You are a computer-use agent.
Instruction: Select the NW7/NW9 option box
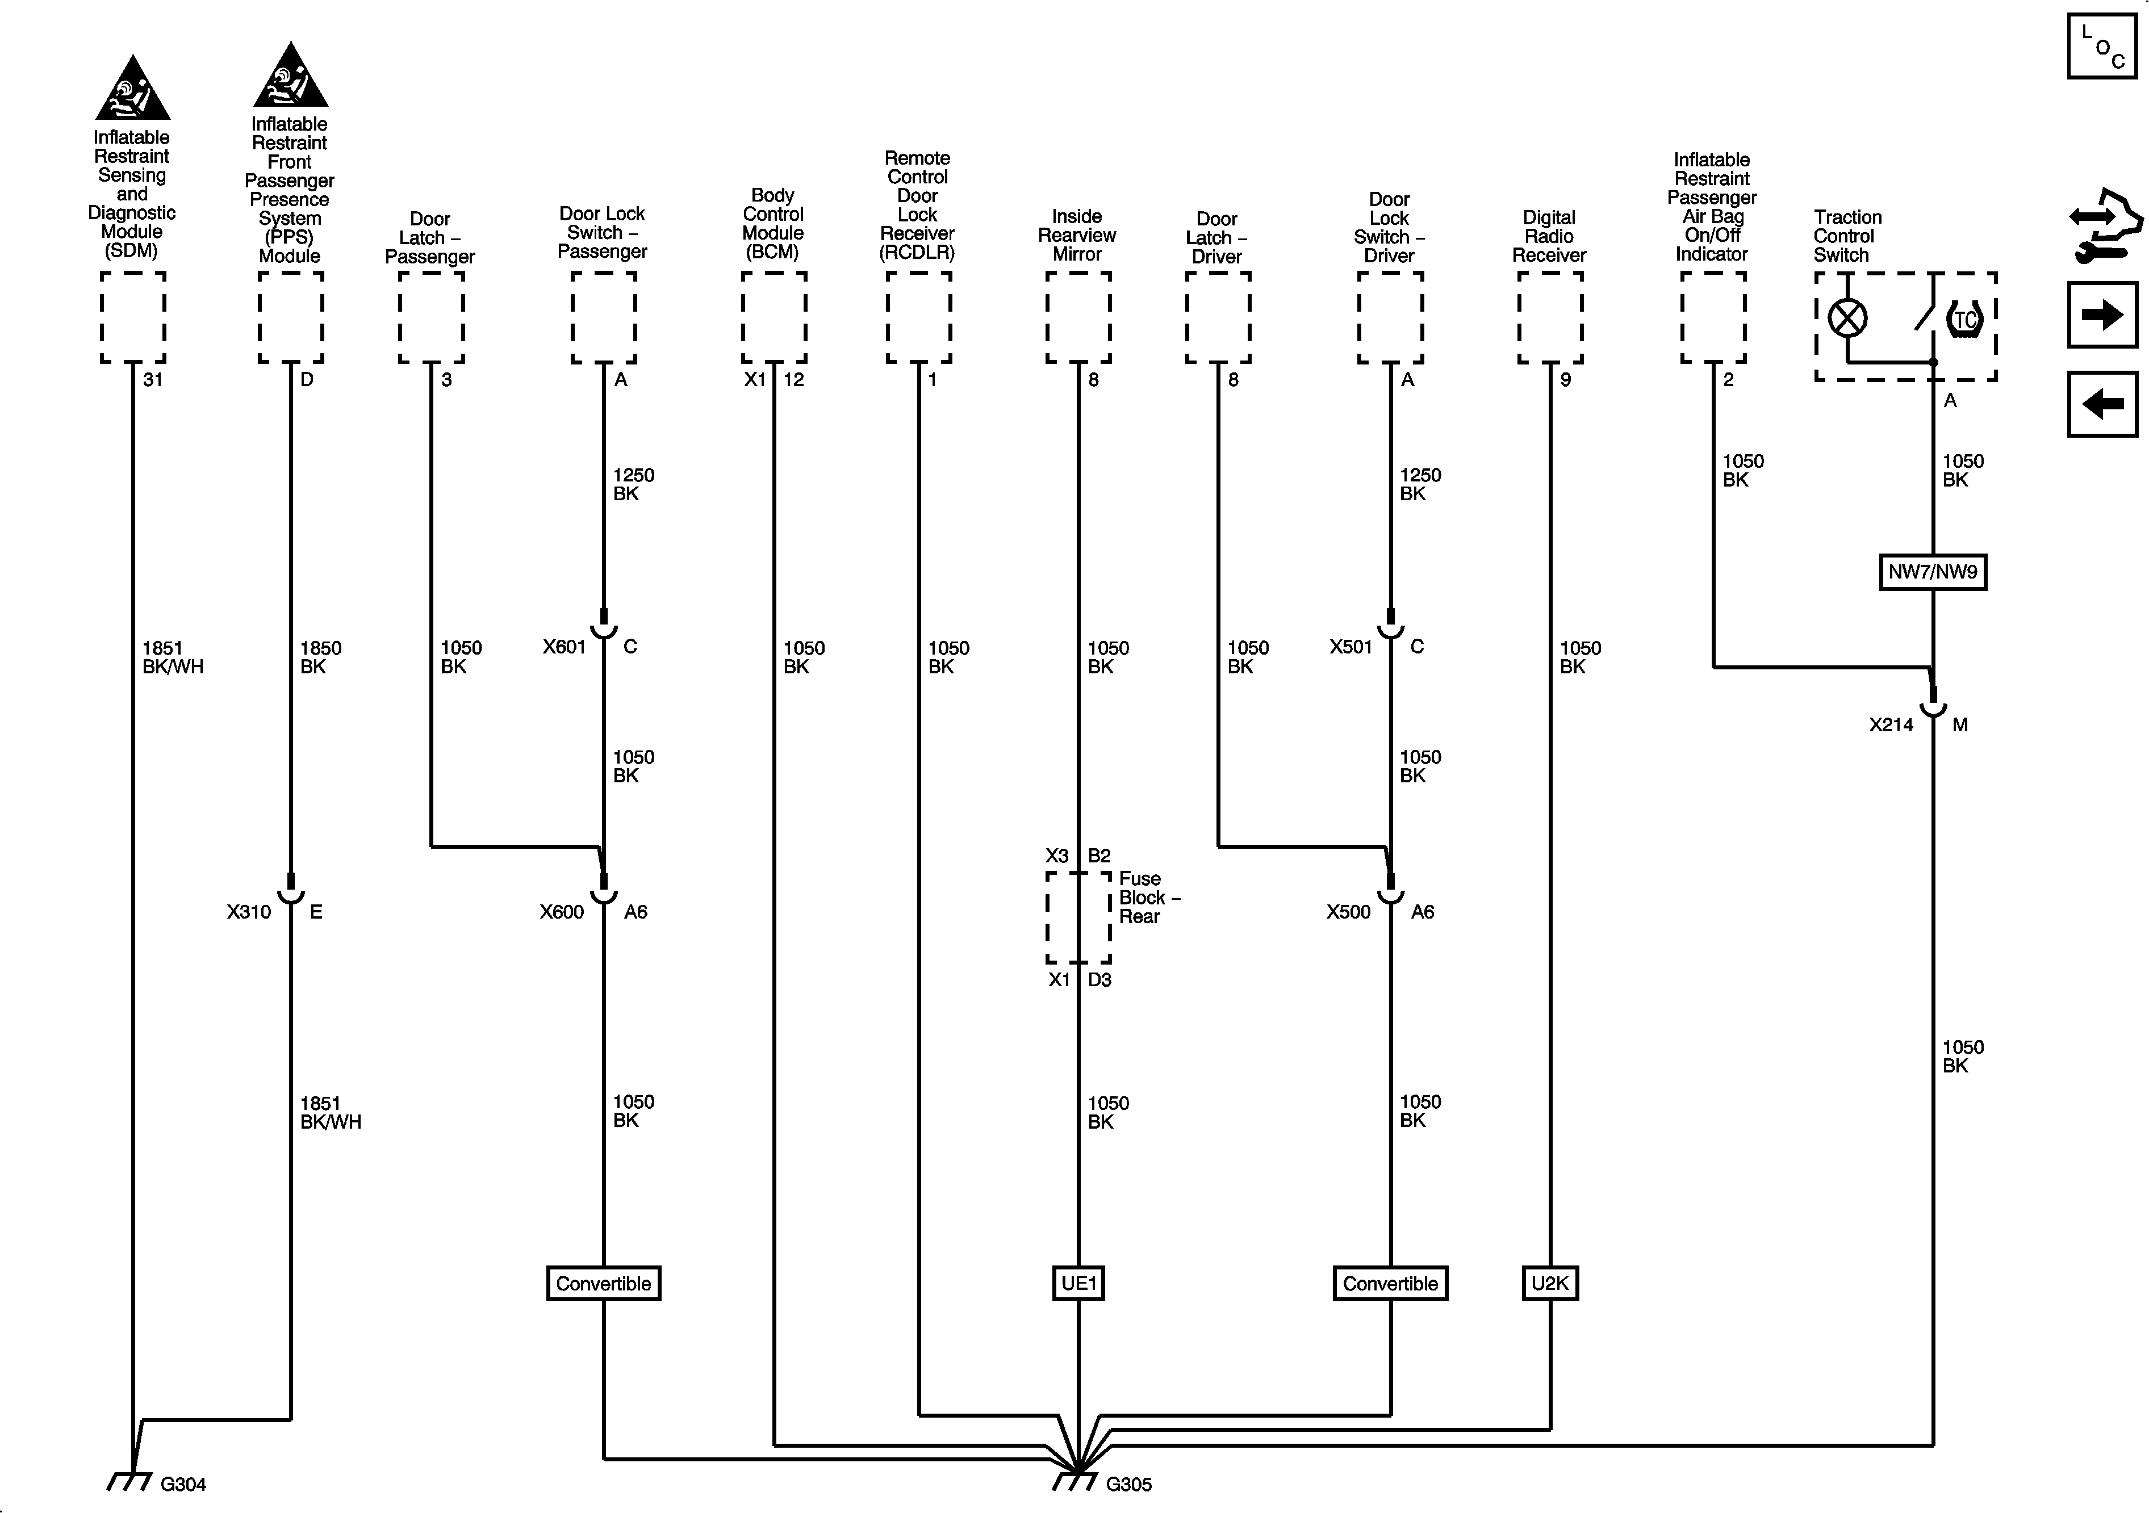1932,572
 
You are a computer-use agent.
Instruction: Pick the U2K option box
1549,1283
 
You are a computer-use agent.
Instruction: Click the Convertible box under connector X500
1390,1283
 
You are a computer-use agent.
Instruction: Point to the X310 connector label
249,911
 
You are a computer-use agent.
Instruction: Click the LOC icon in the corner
2102,46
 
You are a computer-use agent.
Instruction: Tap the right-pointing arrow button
2102,315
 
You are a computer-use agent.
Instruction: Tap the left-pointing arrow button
2102,404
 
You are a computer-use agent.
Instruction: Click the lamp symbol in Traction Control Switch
1847,318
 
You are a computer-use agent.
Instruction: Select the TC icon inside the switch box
1964,320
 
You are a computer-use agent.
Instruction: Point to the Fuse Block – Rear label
1148,898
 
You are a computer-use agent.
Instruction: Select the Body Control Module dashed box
774,317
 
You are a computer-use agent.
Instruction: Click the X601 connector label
565,647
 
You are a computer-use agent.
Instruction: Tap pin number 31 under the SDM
153,379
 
